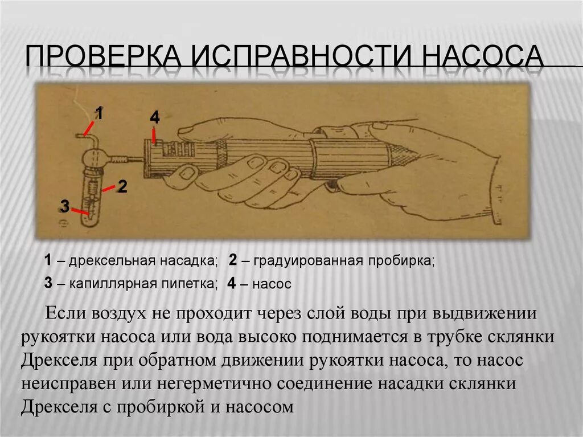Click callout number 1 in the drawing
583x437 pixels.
(99, 113)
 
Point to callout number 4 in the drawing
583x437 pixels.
(155, 117)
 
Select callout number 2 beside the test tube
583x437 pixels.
(122, 186)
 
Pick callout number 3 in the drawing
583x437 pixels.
(65, 207)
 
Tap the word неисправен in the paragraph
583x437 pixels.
(63, 384)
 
